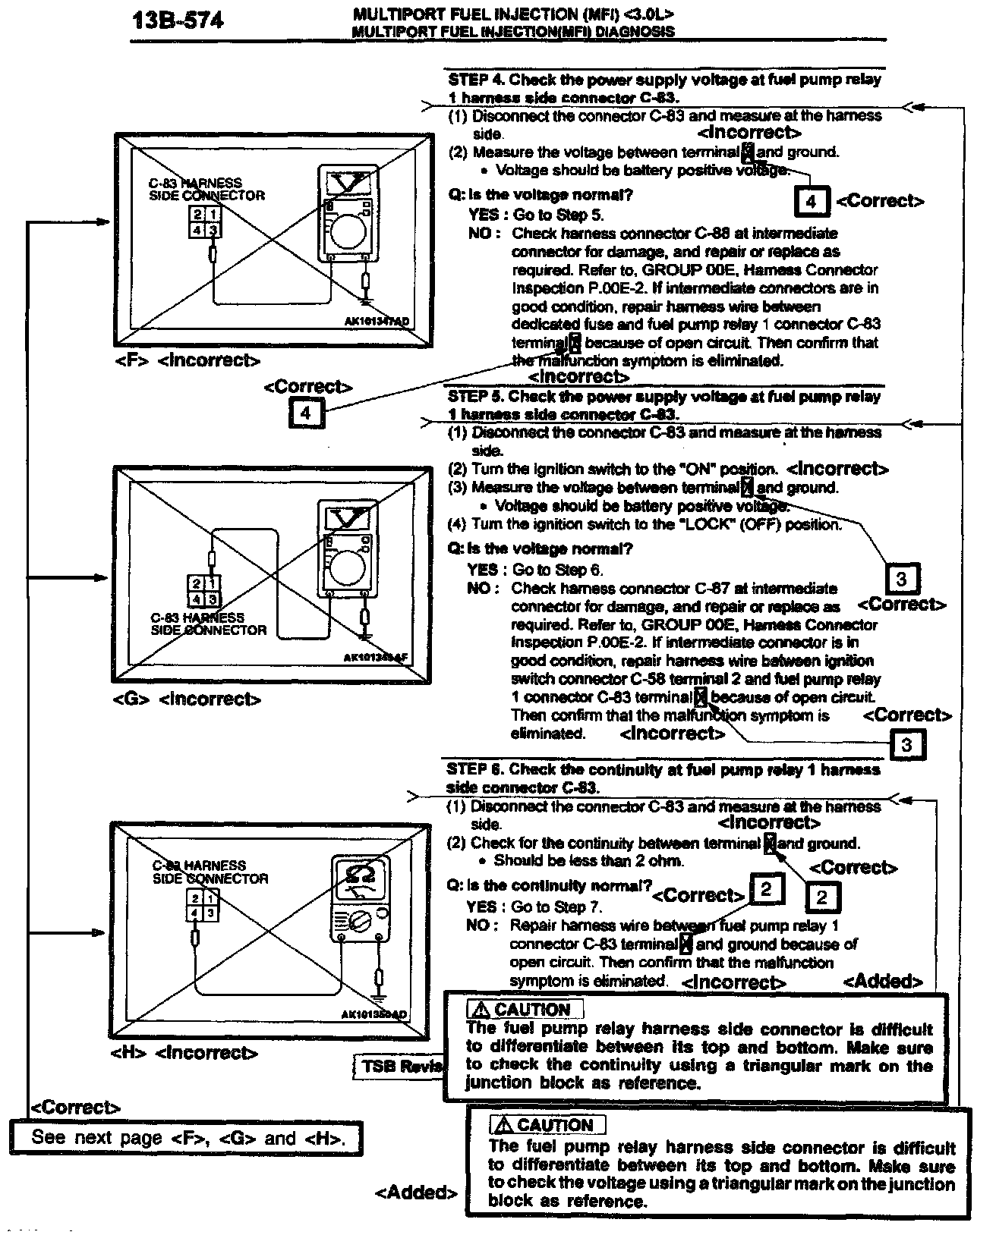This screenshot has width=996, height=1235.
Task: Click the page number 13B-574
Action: click(178, 20)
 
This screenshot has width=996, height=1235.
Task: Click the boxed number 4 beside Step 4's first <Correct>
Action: click(811, 202)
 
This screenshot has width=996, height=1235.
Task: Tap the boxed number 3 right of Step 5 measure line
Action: click(901, 580)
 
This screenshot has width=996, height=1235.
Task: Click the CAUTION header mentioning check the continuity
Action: click(525, 1010)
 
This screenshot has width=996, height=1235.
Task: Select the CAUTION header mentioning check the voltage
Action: click(548, 1125)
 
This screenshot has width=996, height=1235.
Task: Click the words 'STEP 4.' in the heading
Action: click(476, 80)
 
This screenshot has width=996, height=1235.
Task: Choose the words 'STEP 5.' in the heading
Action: click(475, 397)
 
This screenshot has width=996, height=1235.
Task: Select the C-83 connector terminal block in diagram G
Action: click(203, 591)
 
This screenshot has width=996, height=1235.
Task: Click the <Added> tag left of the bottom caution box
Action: click(416, 1193)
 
